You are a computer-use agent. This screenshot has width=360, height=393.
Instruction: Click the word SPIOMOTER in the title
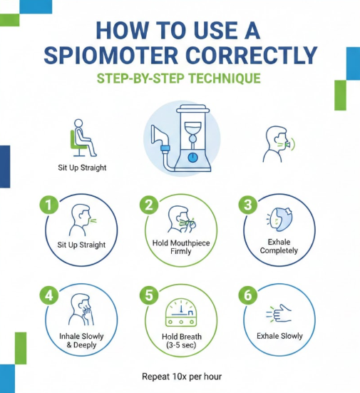click(110, 56)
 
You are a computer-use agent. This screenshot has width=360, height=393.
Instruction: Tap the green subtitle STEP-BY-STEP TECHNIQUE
click(179, 78)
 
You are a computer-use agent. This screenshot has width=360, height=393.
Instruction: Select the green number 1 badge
click(49, 205)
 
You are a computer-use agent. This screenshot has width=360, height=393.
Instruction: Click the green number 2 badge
click(149, 205)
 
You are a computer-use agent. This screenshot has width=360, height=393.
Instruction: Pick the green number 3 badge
click(248, 205)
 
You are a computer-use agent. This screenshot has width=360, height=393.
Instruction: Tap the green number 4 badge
click(49, 295)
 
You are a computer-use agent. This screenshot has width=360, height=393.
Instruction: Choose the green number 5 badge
click(149, 295)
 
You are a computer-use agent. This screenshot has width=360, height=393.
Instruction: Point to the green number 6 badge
click(248, 295)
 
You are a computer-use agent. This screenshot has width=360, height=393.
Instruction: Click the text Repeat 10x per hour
click(182, 377)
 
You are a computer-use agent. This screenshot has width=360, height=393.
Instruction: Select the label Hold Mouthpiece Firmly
click(181, 247)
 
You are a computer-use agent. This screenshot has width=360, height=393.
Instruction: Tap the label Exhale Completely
click(279, 246)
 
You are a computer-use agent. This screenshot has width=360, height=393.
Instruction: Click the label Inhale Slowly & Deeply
click(81, 341)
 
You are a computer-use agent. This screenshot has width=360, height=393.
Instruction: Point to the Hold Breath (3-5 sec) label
click(181, 341)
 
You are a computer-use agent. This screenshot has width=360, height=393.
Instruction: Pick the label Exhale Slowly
click(279, 336)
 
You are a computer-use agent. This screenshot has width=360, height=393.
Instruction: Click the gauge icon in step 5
click(181, 312)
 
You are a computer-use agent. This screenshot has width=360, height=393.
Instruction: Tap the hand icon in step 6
click(279, 313)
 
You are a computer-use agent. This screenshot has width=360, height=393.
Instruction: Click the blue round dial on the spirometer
click(192, 158)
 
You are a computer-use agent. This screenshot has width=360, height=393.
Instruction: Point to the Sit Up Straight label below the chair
click(82, 168)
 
